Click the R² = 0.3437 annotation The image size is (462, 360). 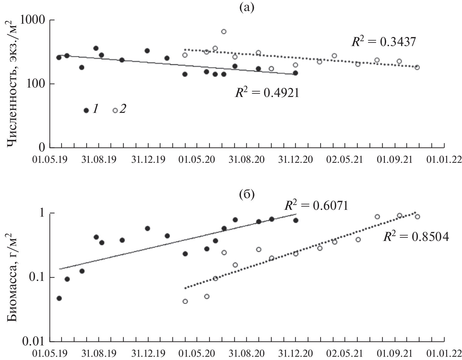384,42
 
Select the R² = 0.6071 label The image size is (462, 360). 316,205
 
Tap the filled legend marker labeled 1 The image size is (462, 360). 86,110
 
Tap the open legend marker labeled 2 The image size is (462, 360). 115,110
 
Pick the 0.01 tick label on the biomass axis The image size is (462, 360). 33,341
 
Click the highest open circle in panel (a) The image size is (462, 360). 224,31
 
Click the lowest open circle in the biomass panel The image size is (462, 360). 185,301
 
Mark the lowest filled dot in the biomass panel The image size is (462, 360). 59,298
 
